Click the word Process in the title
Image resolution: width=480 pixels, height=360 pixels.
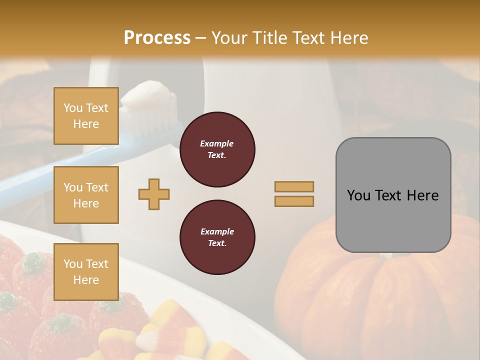[157, 38]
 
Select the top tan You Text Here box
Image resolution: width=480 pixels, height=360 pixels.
[86, 116]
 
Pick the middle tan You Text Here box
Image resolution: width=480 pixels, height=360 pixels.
[86, 195]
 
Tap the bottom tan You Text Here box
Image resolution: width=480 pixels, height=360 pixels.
[86, 272]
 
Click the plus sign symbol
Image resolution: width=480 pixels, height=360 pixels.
[154, 194]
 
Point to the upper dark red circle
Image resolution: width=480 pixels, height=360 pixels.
[217, 149]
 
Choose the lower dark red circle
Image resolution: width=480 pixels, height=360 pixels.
[217, 237]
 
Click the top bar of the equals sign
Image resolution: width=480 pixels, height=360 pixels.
[294, 186]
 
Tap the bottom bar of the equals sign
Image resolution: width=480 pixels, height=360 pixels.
[294, 201]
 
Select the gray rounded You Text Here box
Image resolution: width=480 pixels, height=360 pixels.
[393, 195]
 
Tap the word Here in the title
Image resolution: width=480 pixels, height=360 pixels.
[348, 38]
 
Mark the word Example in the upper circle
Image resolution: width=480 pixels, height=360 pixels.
[217, 143]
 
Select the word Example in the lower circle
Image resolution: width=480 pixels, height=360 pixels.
[217, 231]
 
